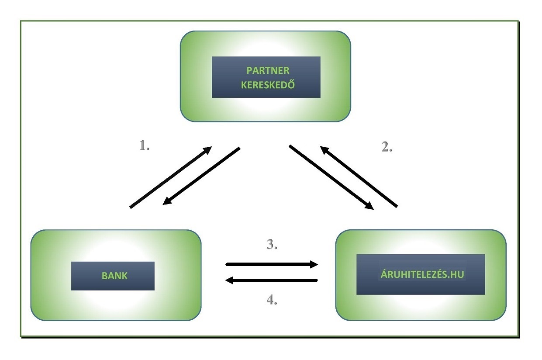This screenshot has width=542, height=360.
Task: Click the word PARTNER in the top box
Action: [x=268, y=71]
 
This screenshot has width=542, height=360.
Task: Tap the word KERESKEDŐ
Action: [x=268, y=85]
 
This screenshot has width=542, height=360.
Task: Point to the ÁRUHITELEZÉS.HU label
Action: [x=421, y=275]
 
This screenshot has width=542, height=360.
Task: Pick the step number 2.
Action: [x=387, y=148]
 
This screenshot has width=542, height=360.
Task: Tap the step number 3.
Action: [x=272, y=245]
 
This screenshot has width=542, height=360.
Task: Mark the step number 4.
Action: [x=272, y=300]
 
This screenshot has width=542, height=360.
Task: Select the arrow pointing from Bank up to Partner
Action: [x=170, y=177]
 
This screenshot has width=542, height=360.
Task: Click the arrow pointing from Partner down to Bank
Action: [x=201, y=177]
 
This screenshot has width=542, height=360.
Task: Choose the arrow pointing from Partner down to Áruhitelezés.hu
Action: [x=332, y=178]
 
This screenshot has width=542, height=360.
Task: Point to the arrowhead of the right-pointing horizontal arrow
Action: [x=313, y=264]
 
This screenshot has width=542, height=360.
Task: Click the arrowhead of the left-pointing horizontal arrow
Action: [x=230, y=281]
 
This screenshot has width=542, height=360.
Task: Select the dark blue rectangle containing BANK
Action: [x=113, y=284]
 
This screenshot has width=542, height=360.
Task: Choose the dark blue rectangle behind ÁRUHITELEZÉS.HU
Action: [x=421, y=286]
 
